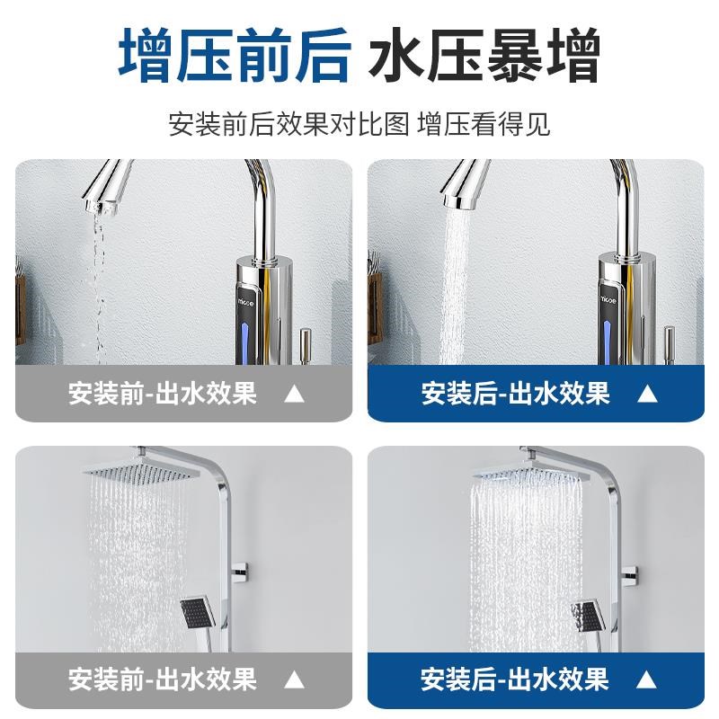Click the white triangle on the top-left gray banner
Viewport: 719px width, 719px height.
(x=294, y=394)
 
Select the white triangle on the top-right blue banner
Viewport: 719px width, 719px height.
(x=647, y=394)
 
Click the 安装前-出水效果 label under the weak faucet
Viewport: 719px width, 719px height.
(x=163, y=394)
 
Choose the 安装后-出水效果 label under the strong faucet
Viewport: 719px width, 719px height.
(x=516, y=394)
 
